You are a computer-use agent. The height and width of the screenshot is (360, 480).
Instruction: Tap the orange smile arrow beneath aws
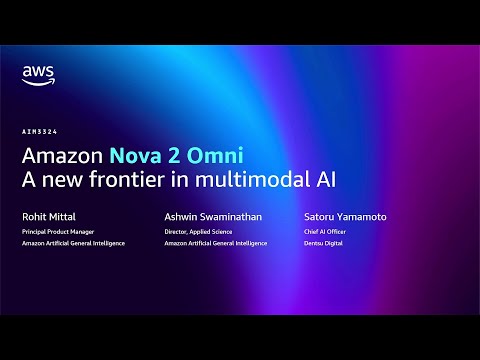pyautogui.click(x=37, y=84)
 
